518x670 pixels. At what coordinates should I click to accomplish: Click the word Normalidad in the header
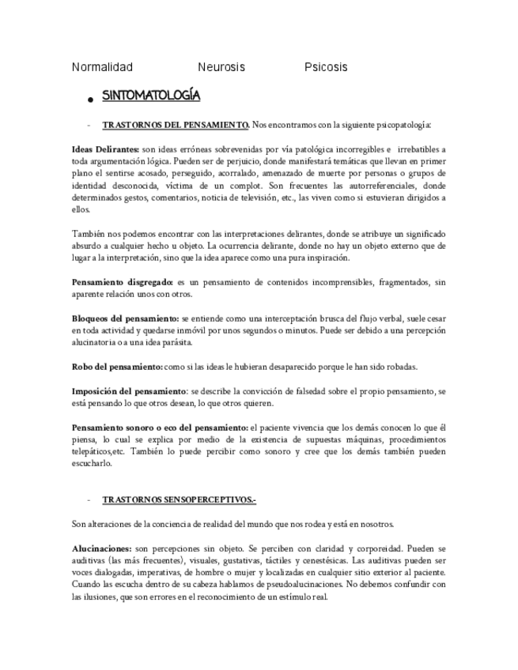click(103, 67)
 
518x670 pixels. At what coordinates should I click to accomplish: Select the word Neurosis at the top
click(221, 67)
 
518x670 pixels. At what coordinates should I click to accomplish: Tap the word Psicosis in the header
click(326, 67)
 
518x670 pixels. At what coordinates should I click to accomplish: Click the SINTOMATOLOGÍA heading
click(151, 96)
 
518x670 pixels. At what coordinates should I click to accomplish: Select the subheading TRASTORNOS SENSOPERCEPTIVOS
click(179, 500)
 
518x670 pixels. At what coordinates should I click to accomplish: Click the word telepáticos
click(93, 452)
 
